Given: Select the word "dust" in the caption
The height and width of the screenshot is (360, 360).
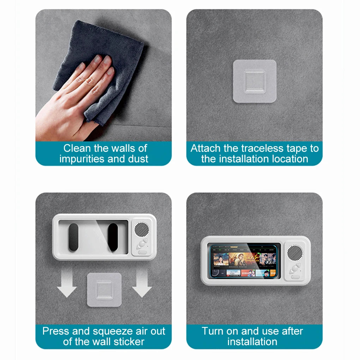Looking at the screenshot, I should (x=137, y=159).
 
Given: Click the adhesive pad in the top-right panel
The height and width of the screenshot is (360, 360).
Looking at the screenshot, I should (x=254, y=81).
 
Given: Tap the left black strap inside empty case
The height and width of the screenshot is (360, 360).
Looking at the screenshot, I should (x=73, y=237).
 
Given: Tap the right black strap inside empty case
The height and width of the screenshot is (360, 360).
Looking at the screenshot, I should (x=113, y=237).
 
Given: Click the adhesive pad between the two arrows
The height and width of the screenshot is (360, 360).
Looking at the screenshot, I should (x=104, y=289).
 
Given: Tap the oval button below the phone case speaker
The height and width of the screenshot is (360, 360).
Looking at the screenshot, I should (x=295, y=277).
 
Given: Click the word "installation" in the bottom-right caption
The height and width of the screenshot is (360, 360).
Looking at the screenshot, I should (x=252, y=342).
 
